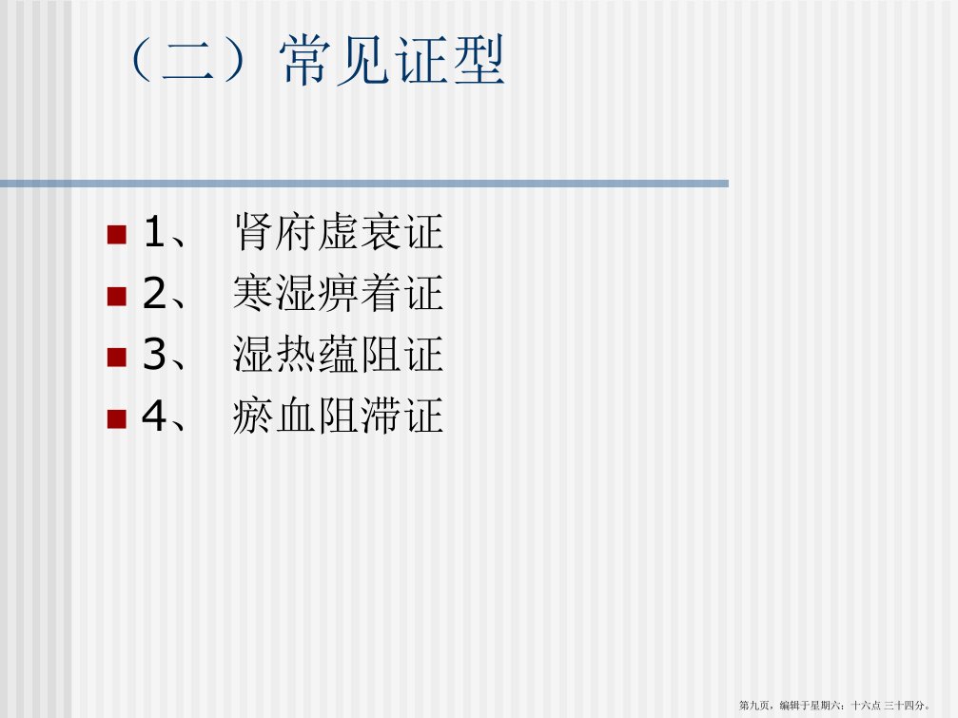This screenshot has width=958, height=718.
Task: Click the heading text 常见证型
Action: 392,60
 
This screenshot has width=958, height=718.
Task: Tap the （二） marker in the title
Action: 188,60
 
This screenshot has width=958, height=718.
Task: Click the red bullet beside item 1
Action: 117,235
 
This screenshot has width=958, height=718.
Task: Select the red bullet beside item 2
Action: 117,296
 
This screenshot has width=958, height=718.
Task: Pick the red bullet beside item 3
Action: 117,358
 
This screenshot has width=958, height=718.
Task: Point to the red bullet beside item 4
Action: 117,418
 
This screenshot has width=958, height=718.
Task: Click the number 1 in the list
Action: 154,232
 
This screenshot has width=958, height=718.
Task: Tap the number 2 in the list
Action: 154,293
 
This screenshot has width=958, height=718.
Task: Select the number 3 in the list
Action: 154,354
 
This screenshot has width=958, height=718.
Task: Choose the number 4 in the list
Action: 154,416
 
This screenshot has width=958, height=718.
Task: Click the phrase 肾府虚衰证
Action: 339,232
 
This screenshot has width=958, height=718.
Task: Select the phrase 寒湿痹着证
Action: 339,293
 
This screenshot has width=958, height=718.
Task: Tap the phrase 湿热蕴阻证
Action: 339,354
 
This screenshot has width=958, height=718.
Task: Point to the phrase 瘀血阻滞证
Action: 339,416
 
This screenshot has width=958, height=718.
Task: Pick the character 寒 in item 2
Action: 253,293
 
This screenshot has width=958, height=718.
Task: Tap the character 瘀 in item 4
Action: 253,416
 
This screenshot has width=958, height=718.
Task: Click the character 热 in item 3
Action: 296,354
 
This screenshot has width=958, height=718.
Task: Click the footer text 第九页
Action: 753,706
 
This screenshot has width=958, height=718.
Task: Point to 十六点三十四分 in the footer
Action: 889,706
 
